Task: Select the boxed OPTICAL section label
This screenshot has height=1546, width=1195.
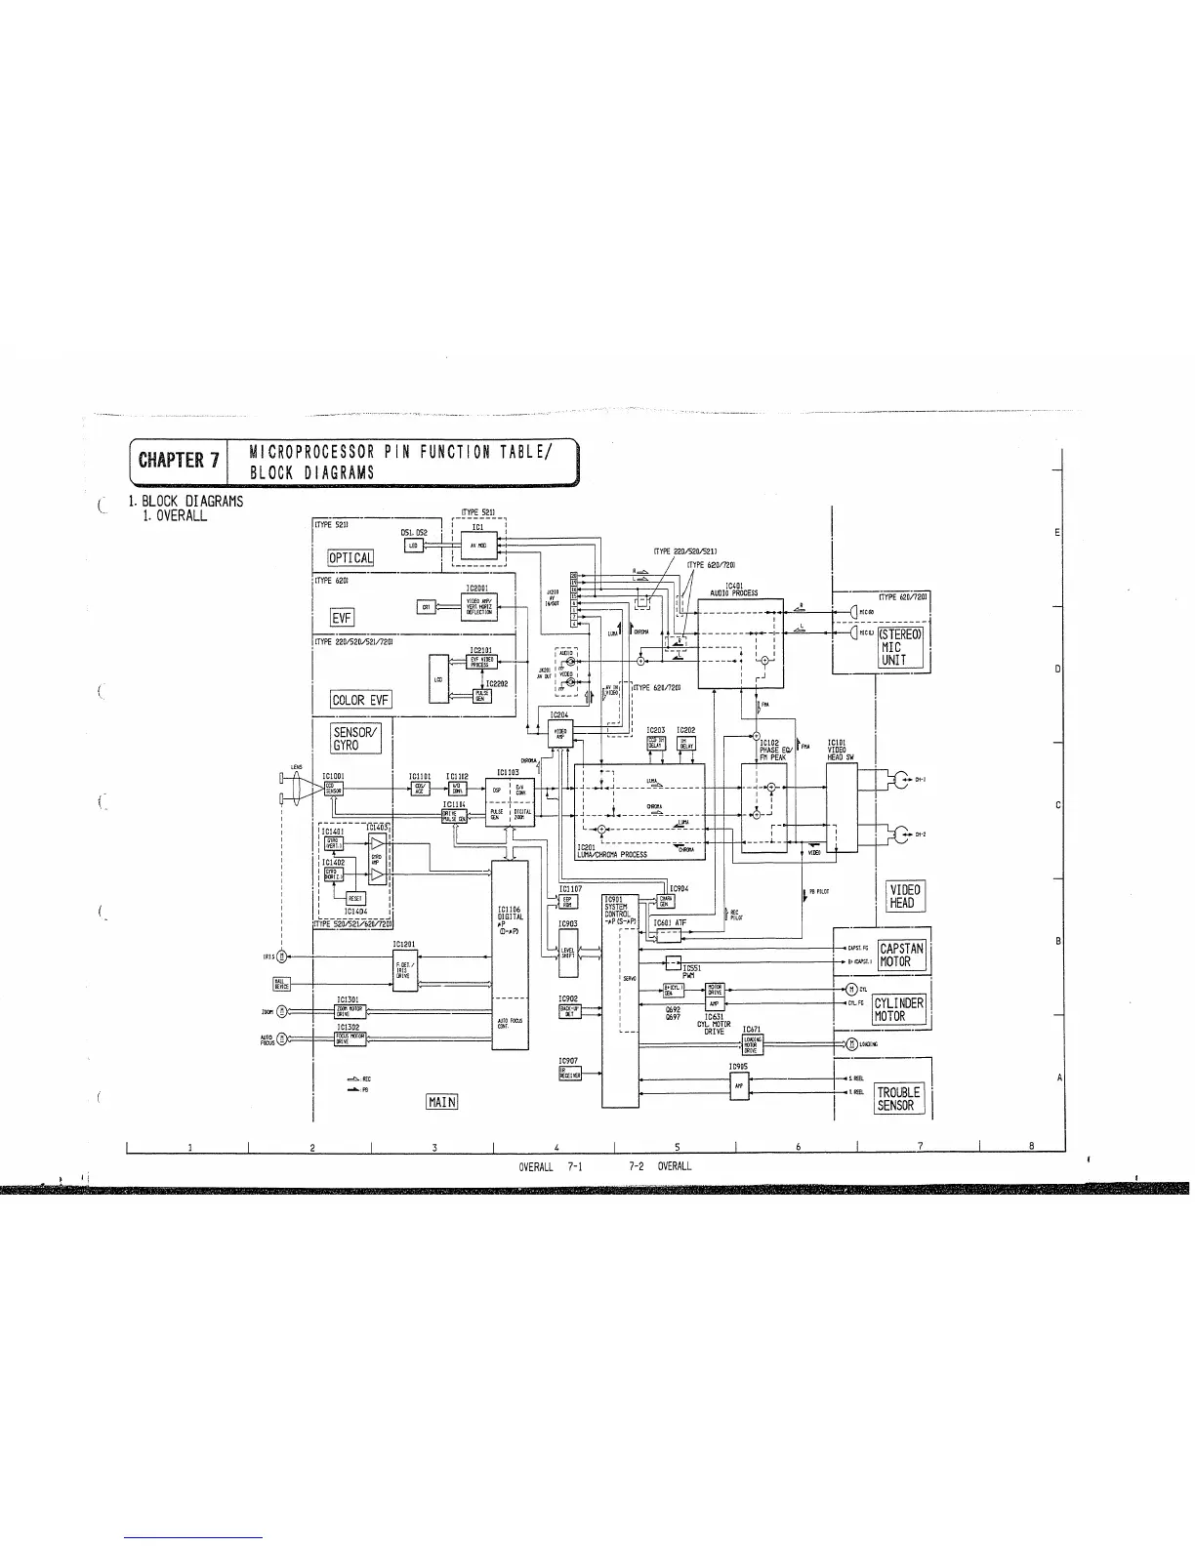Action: click(350, 557)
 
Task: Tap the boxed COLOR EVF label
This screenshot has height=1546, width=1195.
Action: click(361, 699)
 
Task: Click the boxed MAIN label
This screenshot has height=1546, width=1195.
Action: click(442, 1102)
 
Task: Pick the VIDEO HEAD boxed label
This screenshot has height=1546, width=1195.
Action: click(901, 896)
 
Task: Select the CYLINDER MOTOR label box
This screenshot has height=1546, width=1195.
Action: click(897, 1009)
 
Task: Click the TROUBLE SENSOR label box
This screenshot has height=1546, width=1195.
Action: click(895, 1098)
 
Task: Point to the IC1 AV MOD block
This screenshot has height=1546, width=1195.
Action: click(478, 546)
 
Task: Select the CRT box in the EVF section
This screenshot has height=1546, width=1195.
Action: click(426, 606)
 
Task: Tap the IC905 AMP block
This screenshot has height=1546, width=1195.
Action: click(738, 1086)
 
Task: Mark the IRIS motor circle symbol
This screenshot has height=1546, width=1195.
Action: click(282, 956)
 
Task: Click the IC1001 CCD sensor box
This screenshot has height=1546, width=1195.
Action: click(334, 789)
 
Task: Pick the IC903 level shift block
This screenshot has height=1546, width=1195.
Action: click(567, 952)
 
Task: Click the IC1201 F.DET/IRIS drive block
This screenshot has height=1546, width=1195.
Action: click(404, 969)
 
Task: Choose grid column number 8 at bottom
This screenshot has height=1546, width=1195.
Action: click(1032, 1146)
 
